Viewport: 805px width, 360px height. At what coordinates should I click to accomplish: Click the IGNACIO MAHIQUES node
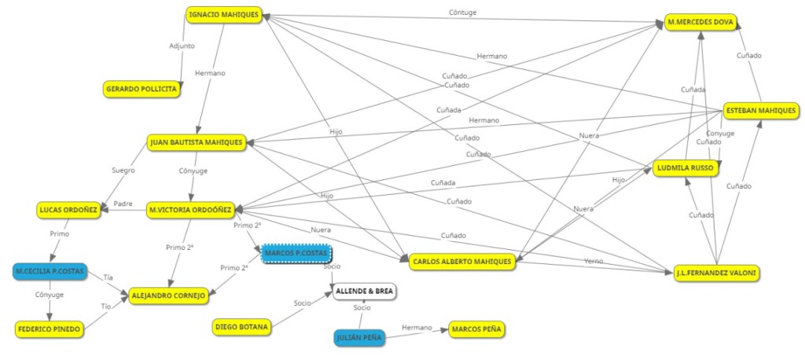pos(224,15)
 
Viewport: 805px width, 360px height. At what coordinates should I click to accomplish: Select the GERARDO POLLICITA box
pos(142,90)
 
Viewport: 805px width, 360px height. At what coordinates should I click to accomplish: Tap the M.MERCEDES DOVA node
pos(701,23)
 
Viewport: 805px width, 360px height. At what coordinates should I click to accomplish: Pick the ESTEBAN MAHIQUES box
pos(759,112)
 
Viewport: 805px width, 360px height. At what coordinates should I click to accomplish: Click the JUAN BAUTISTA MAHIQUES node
pos(197,142)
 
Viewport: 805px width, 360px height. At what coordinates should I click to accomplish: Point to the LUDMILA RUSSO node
pos(686,168)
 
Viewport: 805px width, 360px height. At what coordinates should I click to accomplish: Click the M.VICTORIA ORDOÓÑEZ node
pos(189,210)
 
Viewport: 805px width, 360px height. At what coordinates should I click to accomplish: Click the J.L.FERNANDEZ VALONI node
pos(717,273)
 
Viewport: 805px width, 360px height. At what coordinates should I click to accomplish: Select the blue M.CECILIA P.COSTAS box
pos(50,271)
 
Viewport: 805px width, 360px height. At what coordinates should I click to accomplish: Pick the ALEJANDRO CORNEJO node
pos(167,296)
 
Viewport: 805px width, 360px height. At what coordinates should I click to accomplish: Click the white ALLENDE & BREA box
pos(363,292)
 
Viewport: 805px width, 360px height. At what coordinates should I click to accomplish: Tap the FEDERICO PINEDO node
pos(50,329)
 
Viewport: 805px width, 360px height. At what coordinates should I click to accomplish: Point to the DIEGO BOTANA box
pos(241,326)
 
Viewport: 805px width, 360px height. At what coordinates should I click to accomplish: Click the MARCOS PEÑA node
pos(477,329)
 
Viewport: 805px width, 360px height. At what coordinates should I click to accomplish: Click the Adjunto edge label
pos(182,46)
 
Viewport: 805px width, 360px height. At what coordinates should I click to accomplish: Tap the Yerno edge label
pos(594,261)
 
